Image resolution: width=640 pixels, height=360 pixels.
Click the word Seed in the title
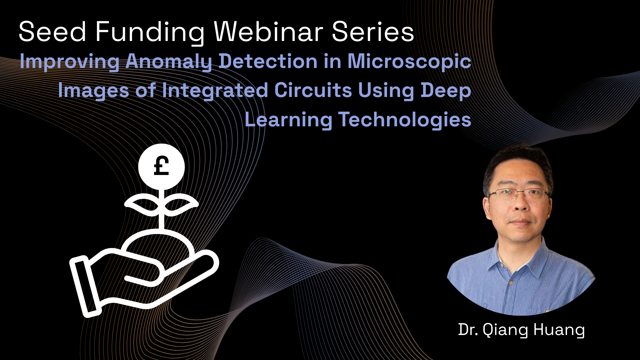(x=53, y=32)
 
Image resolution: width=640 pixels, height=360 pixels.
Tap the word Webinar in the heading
(x=268, y=32)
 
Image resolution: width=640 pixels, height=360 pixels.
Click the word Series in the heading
(x=373, y=32)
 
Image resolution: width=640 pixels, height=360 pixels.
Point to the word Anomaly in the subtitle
(x=169, y=62)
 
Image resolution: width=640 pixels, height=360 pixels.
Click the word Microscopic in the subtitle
(x=409, y=62)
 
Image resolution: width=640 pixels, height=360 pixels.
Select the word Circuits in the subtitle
(x=313, y=90)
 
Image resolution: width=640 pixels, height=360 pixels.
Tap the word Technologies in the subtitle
(x=405, y=120)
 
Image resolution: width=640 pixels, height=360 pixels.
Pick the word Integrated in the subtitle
(x=215, y=91)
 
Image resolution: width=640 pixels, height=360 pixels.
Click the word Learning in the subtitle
(x=288, y=120)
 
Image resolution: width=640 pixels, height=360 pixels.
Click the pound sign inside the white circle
(x=161, y=166)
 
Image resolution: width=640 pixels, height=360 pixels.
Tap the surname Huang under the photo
(x=559, y=330)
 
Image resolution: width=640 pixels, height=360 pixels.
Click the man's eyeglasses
(x=518, y=194)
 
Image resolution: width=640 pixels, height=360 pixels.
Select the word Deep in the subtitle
(x=446, y=91)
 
